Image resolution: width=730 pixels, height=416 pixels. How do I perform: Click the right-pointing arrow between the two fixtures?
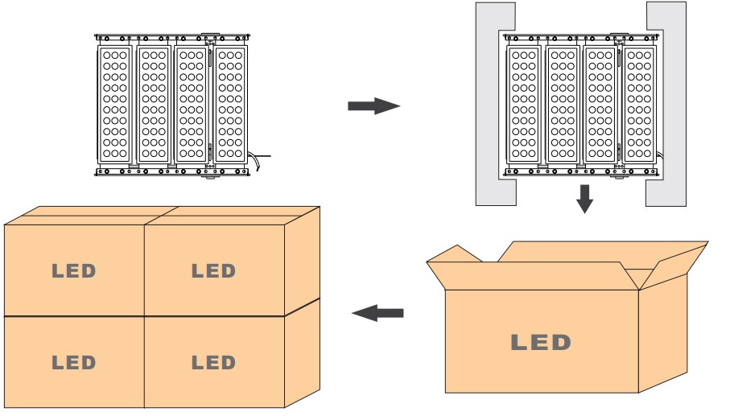coord(373,106)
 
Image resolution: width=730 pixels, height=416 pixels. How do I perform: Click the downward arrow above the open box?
coord(585,198)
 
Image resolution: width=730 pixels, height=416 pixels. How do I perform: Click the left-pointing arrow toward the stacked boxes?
coord(377,312)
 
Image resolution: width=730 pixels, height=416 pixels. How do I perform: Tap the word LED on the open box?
coord(541,342)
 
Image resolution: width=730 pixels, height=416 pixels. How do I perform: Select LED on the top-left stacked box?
coord(74,271)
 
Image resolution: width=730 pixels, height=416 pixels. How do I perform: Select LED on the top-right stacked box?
coord(213,271)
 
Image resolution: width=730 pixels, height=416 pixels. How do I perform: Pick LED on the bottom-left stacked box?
coord(74,363)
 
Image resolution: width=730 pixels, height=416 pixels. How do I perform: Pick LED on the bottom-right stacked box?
coord(213,363)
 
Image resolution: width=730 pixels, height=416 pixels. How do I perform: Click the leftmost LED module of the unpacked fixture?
coord(114,104)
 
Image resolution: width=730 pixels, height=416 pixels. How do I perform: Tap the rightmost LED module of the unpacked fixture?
coord(230,104)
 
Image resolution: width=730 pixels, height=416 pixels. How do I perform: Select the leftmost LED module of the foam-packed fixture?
coord(525,104)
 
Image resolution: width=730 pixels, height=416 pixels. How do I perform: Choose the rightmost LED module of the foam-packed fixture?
coord(641,104)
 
